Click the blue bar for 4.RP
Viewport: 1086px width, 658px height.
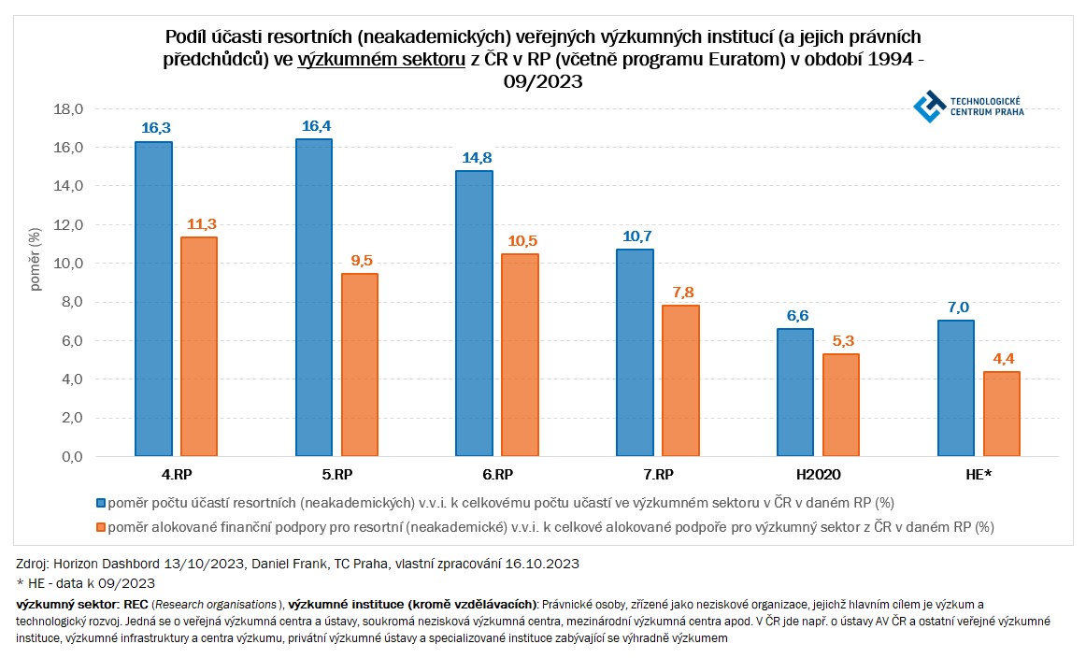153,299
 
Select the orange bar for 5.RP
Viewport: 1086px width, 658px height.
359,365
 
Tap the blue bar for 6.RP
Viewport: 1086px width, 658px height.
474,313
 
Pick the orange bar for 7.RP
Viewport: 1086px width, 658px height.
680,381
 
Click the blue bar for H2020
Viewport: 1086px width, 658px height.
795,393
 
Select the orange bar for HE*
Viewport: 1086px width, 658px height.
1001,414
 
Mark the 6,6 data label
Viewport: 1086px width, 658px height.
795,317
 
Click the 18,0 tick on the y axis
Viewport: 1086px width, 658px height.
72,109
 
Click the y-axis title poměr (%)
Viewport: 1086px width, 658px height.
36,259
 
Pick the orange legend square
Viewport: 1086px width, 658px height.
100,527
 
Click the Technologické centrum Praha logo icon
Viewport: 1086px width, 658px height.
929,106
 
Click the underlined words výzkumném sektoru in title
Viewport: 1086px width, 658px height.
382,59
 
